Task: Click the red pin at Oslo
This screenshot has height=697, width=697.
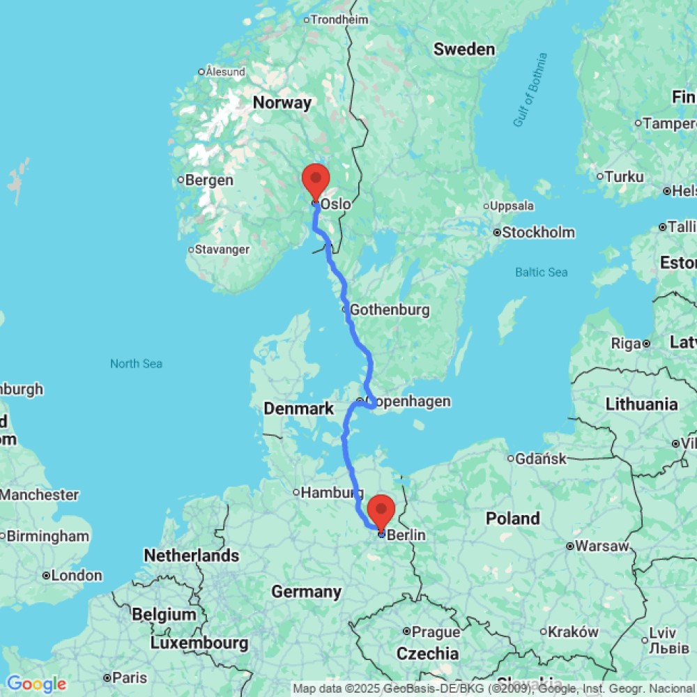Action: (316, 181)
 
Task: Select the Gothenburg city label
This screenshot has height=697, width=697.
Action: (389, 309)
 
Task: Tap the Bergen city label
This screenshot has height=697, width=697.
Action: (209, 181)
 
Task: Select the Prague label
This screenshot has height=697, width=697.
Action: (436, 632)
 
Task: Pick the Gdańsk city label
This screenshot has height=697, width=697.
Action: (541, 459)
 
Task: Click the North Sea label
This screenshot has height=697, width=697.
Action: (136, 363)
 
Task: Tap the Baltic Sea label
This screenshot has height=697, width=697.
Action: (542, 273)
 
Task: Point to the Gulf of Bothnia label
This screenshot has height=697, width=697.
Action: (530, 91)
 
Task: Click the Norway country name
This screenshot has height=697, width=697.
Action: (282, 103)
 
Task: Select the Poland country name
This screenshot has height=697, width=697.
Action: (513, 519)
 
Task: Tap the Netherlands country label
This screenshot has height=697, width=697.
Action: (191, 556)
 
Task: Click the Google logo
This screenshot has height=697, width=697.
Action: (36, 684)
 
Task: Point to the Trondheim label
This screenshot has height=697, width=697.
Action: (339, 20)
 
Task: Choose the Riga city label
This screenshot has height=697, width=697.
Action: (626, 344)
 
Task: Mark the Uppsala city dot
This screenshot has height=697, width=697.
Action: (487, 207)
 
